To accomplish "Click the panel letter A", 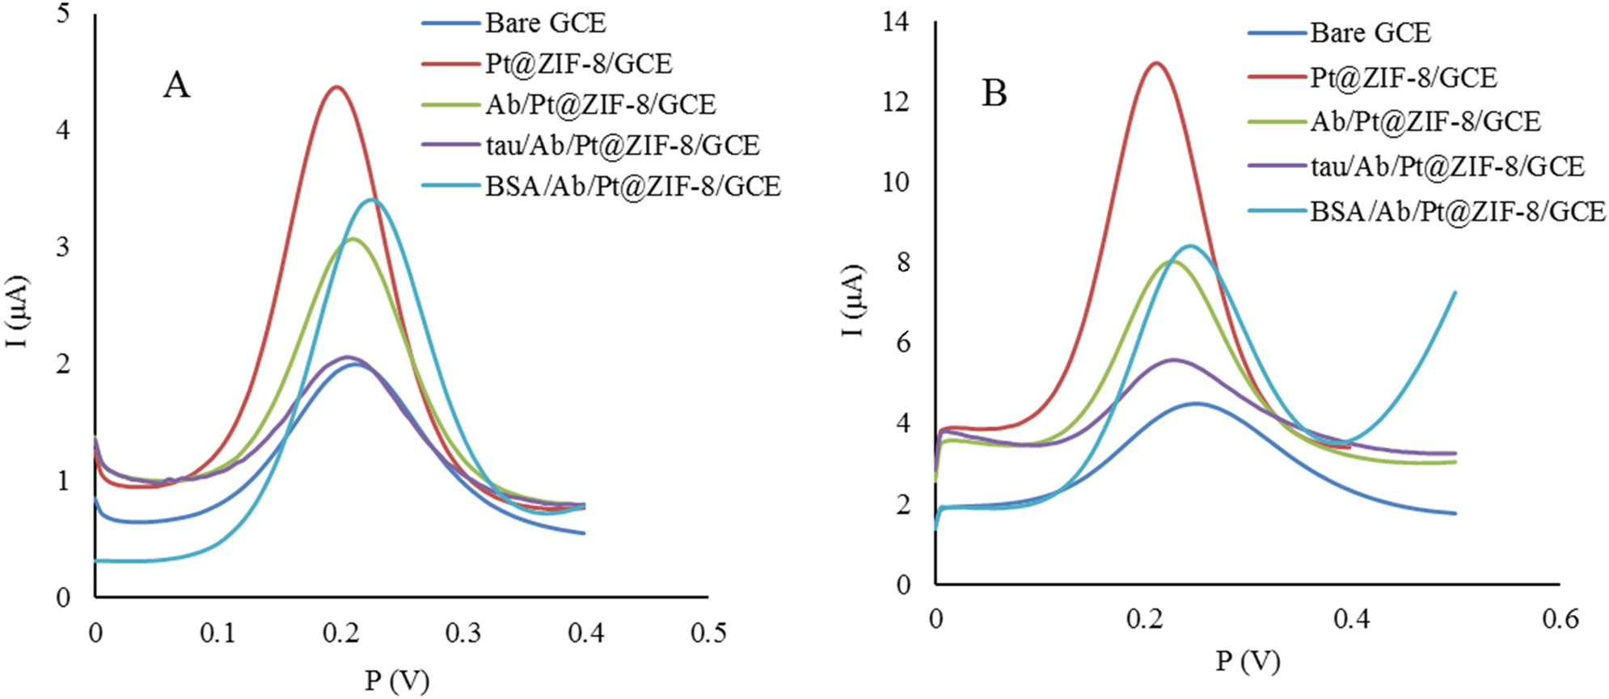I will [176, 85].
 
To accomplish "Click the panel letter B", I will [994, 94].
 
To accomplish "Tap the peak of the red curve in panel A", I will [336, 86].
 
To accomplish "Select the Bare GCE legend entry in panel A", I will [545, 23].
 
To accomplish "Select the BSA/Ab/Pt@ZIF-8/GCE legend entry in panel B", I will [1457, 211].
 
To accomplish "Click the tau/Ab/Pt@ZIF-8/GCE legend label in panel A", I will [623, 145].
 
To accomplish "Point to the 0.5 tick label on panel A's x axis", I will [708, 633].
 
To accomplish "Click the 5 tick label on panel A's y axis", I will [63, 14].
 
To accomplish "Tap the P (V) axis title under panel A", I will [396, 680].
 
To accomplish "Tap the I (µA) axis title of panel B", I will [854, 301].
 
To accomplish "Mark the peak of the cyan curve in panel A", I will [371, 199].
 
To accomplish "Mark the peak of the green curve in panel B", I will [1172, 261].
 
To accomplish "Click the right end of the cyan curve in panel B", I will [1455, 293].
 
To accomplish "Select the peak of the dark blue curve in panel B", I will [1195, 403].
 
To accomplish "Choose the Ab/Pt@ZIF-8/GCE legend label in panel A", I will [600, 104].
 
